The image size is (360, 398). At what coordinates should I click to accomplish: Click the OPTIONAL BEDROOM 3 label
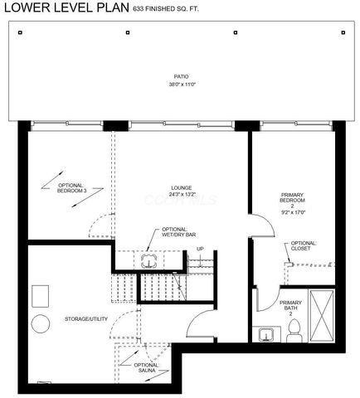tap(71, 187)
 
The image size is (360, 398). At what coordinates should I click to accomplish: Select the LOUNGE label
tap(181, 187)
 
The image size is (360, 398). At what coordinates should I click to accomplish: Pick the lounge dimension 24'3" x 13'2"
tap(181, 195)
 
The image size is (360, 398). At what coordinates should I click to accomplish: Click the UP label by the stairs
tap(200, 248)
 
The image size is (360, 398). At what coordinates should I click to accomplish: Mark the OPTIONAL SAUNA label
tap(146, 368)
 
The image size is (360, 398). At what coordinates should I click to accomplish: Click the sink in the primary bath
tap(266, 334)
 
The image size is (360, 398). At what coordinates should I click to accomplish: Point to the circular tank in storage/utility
tap(39, 324)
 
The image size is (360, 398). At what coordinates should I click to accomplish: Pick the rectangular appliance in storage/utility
tap(39, 296)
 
